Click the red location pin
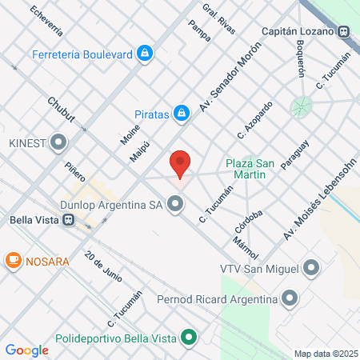pyautogui.click(x=180, y=163)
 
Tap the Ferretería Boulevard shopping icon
pyautogui.click(x=144, y=54)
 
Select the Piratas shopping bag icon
pyautogui.click(x=182, y=114)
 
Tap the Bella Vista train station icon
pyautogui.click(x=70, y=221)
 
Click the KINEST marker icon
pyautogui.click(x=58, y=144)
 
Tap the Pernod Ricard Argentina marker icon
pyautogui.click(x=290, y=298)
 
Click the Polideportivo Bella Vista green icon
pyautogui.click(x=189, y=337)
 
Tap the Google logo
pyautogui.click(x=26, y=350)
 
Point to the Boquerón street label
pyautogui.click(x=300, y=58)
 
